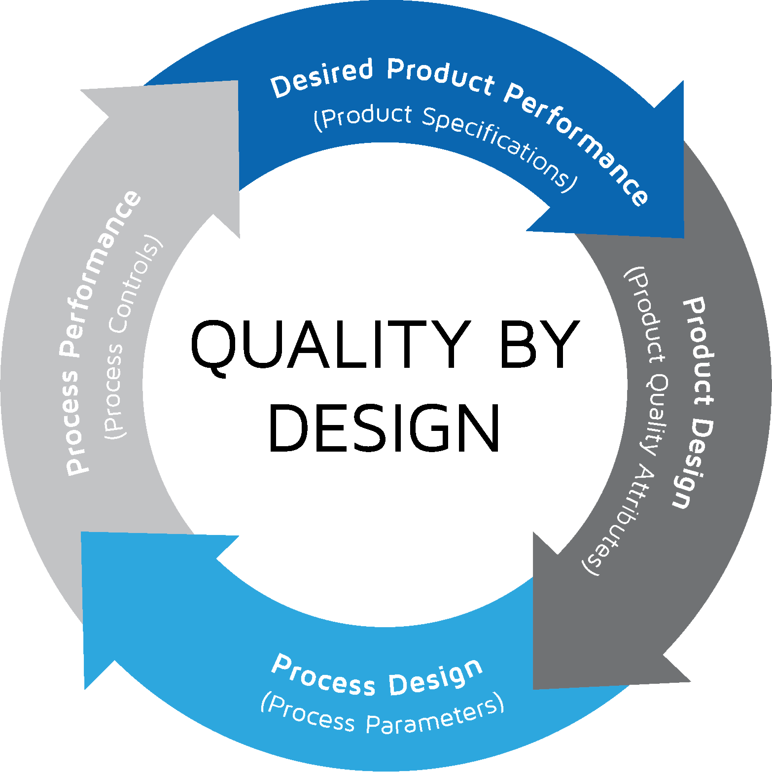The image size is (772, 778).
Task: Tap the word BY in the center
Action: [x=539, y=344]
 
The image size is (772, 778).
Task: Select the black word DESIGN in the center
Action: [x=385, y=428]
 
